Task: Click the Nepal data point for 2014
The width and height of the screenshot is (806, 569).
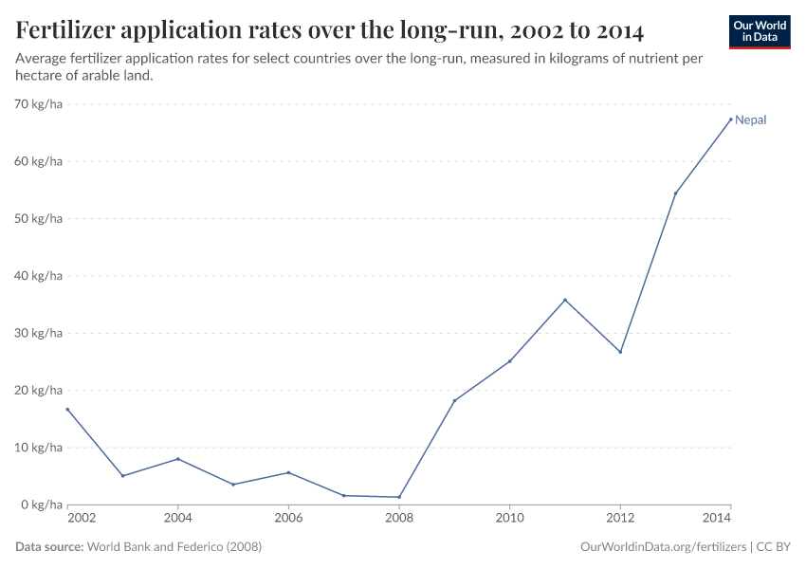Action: tap(730, 119)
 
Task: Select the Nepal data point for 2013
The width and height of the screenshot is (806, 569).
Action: tap(675, 193)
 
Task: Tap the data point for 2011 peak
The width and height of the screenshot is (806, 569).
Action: tap(565, 300)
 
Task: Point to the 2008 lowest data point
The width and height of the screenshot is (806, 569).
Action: tap(399, 497)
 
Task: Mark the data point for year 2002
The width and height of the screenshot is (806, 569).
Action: tap(67, 410)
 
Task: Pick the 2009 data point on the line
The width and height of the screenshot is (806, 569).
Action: tap(454, 400)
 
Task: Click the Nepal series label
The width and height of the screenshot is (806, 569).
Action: tap(750, 120)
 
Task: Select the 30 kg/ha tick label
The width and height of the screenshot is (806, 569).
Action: tap(40, 333)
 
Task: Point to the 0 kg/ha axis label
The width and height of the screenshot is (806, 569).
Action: tap(43, 505)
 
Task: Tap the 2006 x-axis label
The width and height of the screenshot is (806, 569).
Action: tap(288, 519)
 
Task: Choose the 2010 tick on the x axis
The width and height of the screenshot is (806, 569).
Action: tap(509, 519)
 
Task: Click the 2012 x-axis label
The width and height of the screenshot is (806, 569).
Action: tap(620, 519)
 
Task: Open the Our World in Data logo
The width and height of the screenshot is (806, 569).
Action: tap(760, 31)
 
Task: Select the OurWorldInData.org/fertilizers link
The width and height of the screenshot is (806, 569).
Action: tap(662, 547)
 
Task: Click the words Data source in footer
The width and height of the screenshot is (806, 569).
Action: tap(49, 547)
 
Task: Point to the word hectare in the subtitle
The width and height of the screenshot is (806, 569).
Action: tap(40, 76)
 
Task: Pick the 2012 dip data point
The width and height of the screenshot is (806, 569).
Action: tap(620, 352)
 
